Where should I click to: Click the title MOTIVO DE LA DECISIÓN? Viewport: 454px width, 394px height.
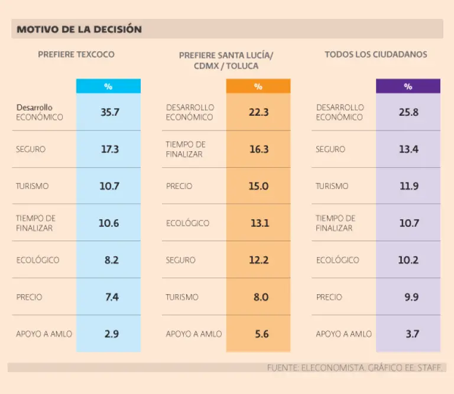pyautogui.click(x=79, y=29)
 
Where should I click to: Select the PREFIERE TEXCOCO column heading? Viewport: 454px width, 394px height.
pyautogui.click(x=76, y=54)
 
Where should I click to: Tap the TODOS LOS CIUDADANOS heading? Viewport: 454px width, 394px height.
pyautogui.click(x=375, y=54)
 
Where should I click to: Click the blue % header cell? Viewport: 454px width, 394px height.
pyautogui.click(x=108, y=86)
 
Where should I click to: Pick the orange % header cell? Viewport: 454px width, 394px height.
pyautogui.click(x=258, y=86)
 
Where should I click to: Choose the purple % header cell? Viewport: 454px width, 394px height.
pyautogui.click(x=408, y=86)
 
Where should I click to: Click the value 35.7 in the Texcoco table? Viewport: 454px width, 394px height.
pyautogui.click(x=109, y=112)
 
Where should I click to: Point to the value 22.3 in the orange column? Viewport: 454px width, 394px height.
pyautogui.click(x=259, y=112)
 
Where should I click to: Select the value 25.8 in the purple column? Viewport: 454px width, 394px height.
pyautogui.click(x=408, y=112)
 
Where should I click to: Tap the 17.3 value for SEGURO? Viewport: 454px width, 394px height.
pyautogui.click(x=109, y=149)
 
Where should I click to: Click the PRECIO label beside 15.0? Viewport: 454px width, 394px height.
pyautogui.click(x=179, y=186)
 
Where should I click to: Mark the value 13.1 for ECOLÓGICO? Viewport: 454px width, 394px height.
pyautogui.click(x=259, y=223)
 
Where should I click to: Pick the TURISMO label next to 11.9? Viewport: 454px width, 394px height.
pyautogui.click(x=332, y=186)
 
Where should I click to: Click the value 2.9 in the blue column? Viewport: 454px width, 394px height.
pyautogui.click(x=111, y=334)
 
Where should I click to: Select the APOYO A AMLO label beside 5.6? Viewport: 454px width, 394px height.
pyautogui.click(x=194, y=334)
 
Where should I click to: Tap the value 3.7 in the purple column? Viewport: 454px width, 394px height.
pyautogui.click(x=412, y=334)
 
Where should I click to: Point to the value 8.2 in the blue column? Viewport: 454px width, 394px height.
pyautogui.click(x=111, y=260)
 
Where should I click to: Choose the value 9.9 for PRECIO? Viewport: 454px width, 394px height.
pyautogui.click(x=411, y=297)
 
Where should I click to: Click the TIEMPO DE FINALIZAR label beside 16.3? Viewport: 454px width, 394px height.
pyautogui.click(x=186, y=149)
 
